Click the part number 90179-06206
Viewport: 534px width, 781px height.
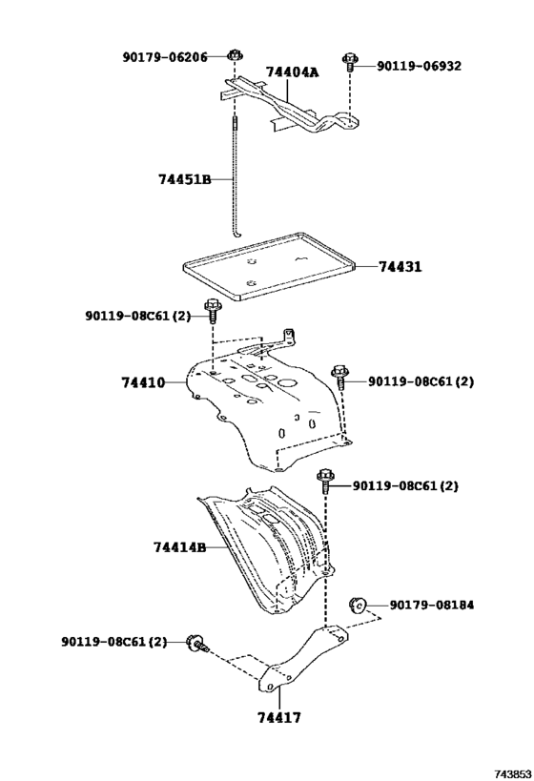tap(164, 57)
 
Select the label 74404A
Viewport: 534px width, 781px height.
tap(293, 72)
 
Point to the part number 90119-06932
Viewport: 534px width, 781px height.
tap(419, 66)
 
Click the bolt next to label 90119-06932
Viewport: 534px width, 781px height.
tap(351, 63)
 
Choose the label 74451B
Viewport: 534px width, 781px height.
tap(184, 178)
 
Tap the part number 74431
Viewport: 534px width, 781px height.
tap(399, 268)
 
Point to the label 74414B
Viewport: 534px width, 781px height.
tap(179, 547)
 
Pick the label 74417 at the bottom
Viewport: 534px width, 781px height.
tap(279, 717)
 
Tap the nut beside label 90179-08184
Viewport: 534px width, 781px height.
tap(358, 605)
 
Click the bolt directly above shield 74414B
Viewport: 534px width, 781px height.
tap(325, 480)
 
